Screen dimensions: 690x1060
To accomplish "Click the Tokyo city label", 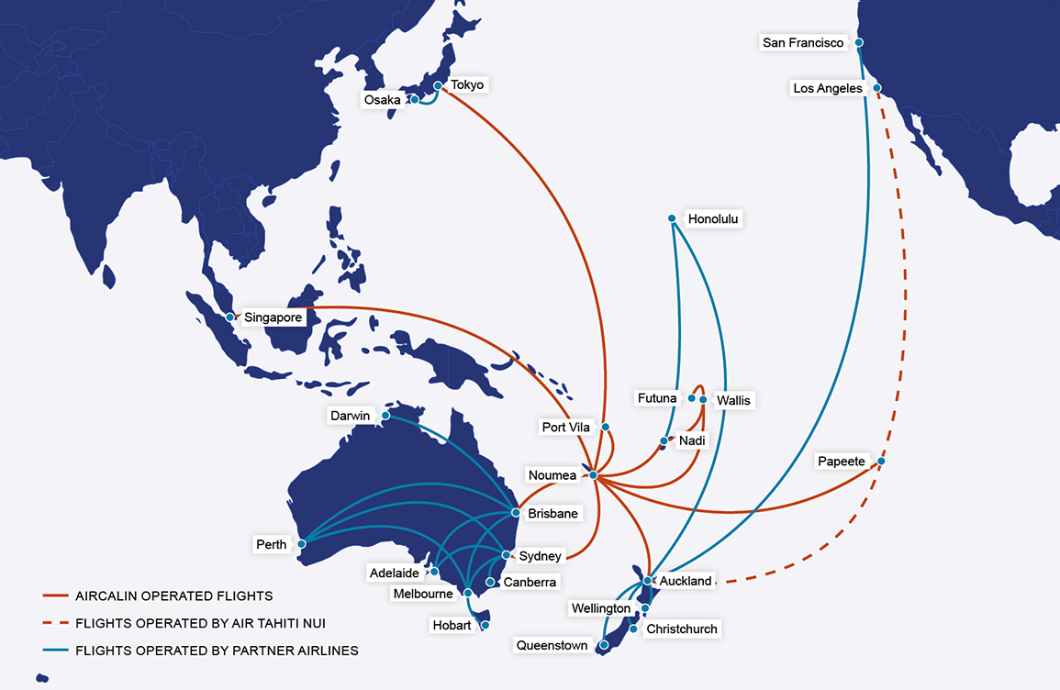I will pos(467,84).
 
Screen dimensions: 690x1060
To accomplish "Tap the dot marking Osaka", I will pos(415,99).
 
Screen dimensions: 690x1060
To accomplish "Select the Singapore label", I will pos(273,317).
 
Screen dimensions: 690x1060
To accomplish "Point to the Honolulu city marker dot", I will pos(672,218).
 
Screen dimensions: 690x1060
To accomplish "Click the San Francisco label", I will pos(802,42).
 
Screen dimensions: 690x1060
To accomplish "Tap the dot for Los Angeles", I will pos(877,88).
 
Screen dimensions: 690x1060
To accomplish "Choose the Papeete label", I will pos(842,462).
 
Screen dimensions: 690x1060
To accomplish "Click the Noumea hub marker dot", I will pos(594,475).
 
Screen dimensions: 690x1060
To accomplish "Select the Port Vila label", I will pos(565,427).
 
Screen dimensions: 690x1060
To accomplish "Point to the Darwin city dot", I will pos(385,416).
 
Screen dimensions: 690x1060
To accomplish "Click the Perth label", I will pos(272,544).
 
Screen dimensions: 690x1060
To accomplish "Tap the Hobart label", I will pos(452,626).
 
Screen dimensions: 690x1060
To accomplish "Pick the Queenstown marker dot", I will pos(602,646).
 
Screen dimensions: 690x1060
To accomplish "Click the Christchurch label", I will pos(681,629).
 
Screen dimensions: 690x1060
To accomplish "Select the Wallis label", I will pos(733,400).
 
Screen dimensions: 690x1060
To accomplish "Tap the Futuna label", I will pos(657,398).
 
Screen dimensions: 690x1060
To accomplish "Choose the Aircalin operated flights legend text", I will pos(174,596).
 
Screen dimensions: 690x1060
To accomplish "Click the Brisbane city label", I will pos(552,513).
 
